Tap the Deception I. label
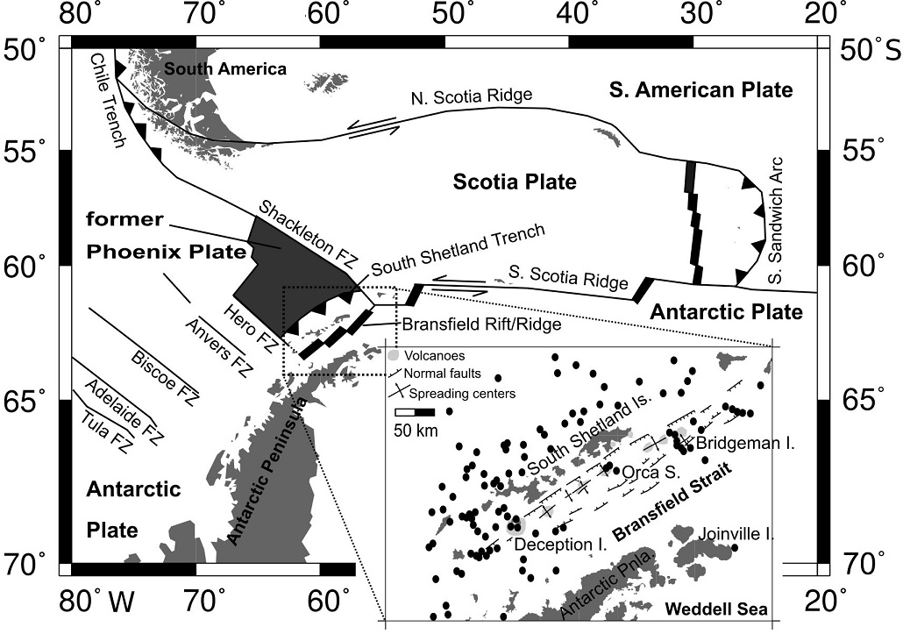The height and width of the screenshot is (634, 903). point(559,545)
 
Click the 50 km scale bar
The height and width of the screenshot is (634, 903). point(415,411)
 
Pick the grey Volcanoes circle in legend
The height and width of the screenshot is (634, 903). point(395,356)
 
